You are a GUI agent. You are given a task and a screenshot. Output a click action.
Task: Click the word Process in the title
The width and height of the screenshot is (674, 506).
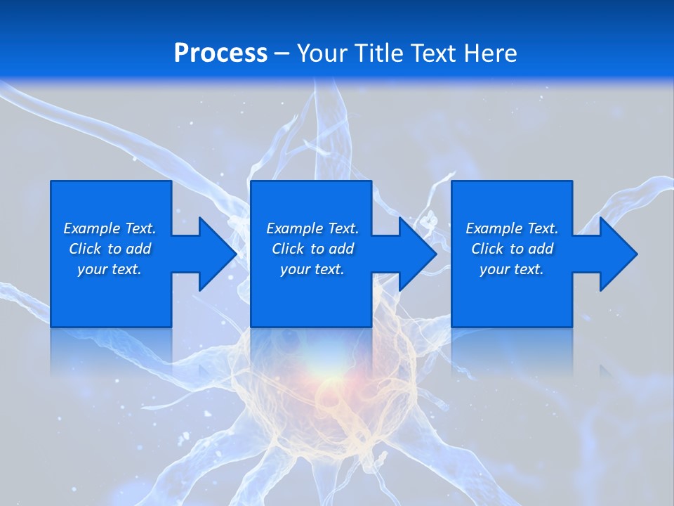tap(220, 53)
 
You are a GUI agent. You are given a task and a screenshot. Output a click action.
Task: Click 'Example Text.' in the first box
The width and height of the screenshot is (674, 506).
tap(110, 228)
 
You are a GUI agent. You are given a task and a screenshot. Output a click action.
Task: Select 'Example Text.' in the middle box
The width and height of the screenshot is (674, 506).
tap(312, 228)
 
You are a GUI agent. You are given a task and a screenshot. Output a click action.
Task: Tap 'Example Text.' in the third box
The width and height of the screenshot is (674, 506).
tap(512, 228)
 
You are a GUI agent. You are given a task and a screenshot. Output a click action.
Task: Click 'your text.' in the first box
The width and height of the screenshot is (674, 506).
tap(110, 269)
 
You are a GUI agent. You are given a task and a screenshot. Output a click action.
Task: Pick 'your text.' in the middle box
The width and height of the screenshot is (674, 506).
tap(312, 269)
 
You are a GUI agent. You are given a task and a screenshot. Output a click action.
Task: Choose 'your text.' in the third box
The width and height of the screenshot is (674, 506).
tap(512, 269)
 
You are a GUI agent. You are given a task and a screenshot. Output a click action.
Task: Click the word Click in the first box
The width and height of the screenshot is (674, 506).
tap(85, 249)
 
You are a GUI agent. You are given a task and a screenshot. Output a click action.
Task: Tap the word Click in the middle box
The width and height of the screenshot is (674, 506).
tap(288, 249)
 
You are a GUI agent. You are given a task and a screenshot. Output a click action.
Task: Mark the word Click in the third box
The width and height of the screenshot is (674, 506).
tap(487, 249)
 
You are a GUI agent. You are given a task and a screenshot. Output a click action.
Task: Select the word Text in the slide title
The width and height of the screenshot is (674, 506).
tap(432, 53)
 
